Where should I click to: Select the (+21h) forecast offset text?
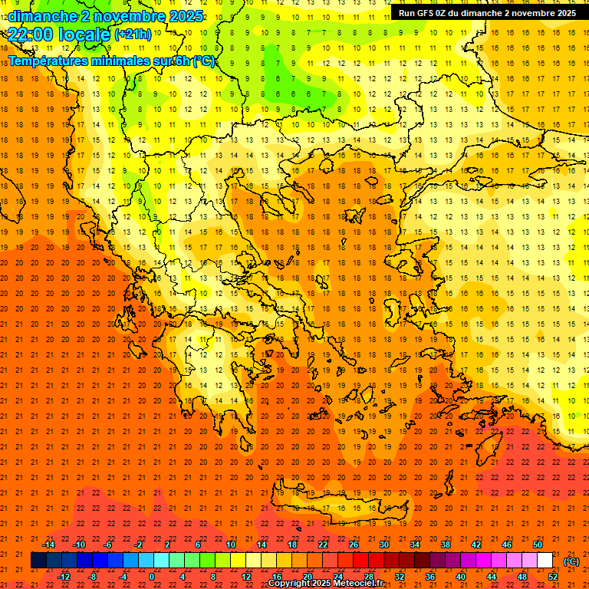coord(133,35)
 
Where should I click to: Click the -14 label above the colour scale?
coord(48,545)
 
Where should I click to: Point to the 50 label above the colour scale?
coord(537,545)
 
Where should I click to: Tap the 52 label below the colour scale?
coord(552,577)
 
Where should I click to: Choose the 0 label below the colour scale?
coord(153,577)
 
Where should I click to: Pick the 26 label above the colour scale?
coord(354,545)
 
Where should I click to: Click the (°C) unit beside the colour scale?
coord(571,561)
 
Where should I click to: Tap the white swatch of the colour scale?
coord(545,561)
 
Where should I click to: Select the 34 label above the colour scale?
coord(415,545)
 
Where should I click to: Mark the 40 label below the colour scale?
coord(461,577)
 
